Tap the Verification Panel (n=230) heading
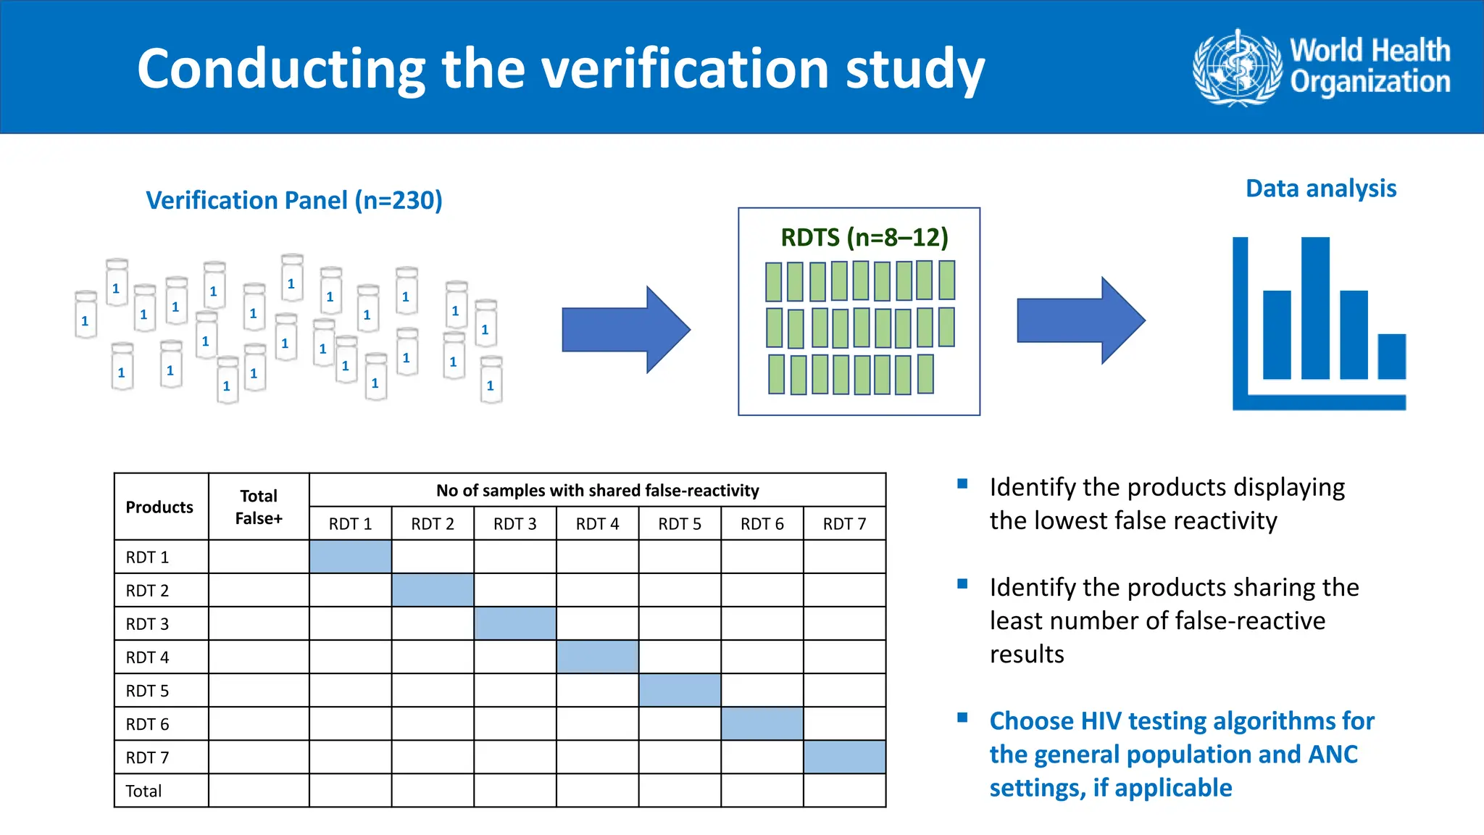pyautogui.click(x=294, y=200)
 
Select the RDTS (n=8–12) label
pyautogui.click(x=864, y=237)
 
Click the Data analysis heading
pyautogui.click(x=1320, y=188)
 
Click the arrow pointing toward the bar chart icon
pyautogui.click(x=1080, y=320)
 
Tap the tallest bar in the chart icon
pyautogui.click(x=1314, y=308)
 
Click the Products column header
pyautogui.click(x=159, y=507)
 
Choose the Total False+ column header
pyautogui.click(x=259, y=507)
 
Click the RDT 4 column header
pyautogui.click(x=597, y=524)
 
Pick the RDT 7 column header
pyautogui.click(x=844, y=524)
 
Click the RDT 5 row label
pyautogui.click(x=147, y=691)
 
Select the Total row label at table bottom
pyautogui.click(x=143, y=791)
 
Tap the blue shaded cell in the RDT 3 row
pyautogui.click(x=515, y=623)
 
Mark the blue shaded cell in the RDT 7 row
pyautogui.click(x=844, y=757)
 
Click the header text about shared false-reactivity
pyautogui.click(x=597, y=491)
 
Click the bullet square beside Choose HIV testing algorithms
pyautogui.click(x=962, y=718)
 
